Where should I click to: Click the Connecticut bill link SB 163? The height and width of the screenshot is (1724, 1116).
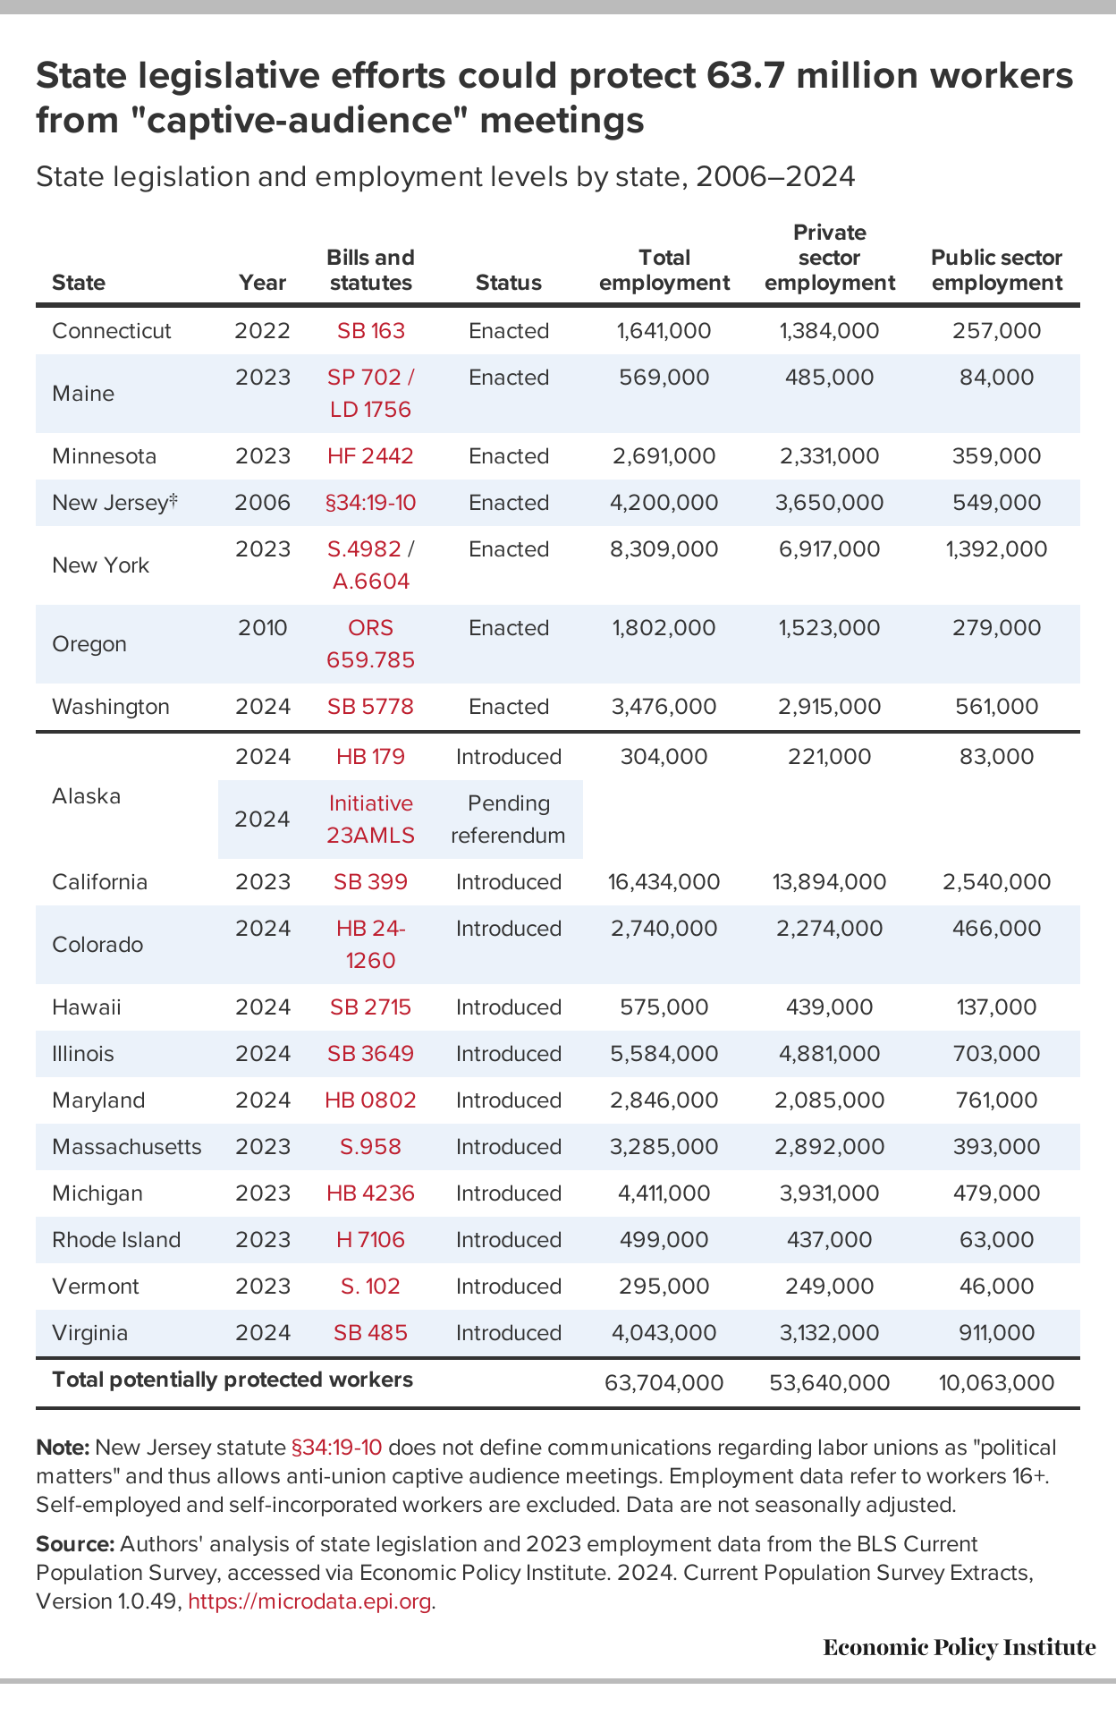[x=370, y=331]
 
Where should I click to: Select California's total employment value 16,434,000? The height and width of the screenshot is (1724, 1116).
[x=664, y=882]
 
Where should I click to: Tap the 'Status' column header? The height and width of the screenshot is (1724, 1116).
[x=508, y=283]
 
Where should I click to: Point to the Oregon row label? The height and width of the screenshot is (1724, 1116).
[x=89, y=644]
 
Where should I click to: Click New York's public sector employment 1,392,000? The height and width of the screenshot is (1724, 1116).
[x=995, y=549]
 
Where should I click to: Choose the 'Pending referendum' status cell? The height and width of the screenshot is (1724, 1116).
[x=508, y=820]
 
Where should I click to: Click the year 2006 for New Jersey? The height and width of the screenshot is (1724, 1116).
[x=262, y=503]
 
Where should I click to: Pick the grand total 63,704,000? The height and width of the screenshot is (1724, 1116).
[x=664, y=1383]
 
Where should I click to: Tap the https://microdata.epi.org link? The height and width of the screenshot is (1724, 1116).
[x=310, y=1601]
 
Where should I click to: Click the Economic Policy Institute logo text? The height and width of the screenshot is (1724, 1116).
[x=960, y=1648]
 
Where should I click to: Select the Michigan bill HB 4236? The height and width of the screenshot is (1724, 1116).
[x=370, y=1193]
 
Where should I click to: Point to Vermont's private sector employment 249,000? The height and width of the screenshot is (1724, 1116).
[x=830, y=1287]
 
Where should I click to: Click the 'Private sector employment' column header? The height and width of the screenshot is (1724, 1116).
[x=830, y=258]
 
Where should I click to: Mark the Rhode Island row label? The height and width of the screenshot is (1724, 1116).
[x=116, y=1240]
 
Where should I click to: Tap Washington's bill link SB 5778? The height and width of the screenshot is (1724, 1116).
[x=370, y=707]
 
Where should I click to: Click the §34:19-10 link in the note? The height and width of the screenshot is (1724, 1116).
[x=337, y=1448]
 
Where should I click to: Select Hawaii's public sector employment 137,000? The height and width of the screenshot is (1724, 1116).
[x=995, y=1007]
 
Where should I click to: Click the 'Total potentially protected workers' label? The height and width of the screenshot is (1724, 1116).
[x=232, y=1380]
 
